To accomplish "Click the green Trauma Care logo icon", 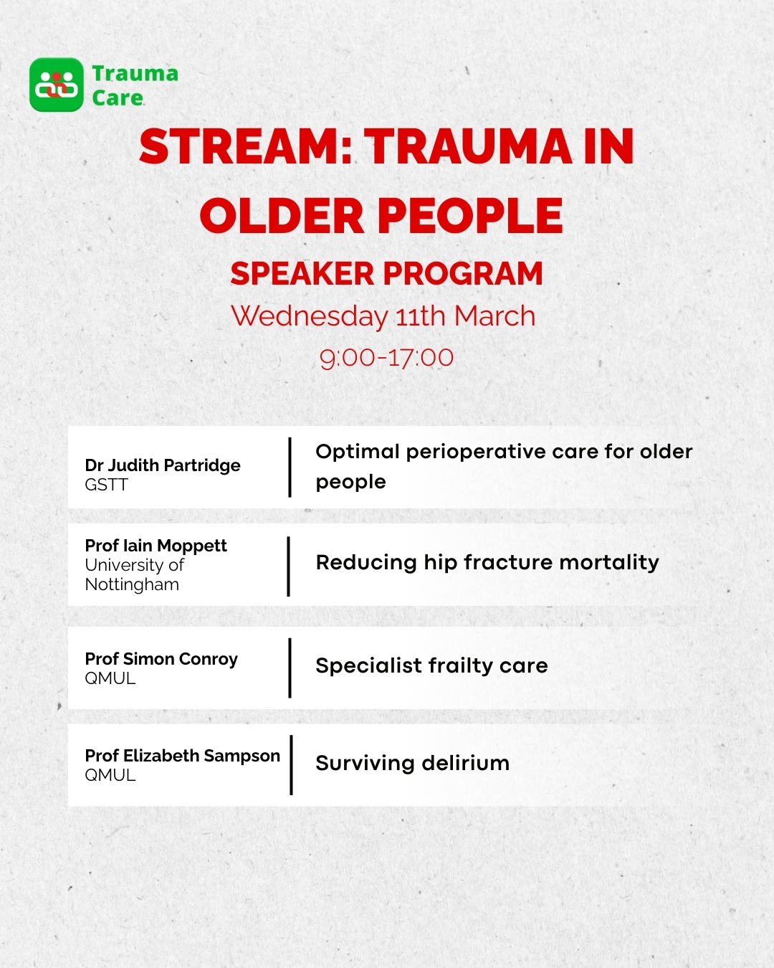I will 57,85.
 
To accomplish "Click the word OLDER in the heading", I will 282,216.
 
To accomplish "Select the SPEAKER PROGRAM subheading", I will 387,274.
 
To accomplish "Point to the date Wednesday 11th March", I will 383,316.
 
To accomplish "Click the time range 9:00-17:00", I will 387,357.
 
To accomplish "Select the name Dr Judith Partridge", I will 163,465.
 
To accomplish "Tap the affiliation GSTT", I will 106,485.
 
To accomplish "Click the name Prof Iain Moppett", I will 156,546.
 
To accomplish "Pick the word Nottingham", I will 132,584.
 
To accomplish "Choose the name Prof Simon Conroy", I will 161,659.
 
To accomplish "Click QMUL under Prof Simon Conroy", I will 110,678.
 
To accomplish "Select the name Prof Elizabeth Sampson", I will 182,756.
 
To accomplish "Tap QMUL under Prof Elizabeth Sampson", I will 110,775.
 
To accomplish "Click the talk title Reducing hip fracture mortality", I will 487,562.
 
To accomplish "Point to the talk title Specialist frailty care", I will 431,665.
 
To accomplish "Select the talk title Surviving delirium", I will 413,763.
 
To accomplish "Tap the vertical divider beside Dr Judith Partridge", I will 290,468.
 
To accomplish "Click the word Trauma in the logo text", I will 135,73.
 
